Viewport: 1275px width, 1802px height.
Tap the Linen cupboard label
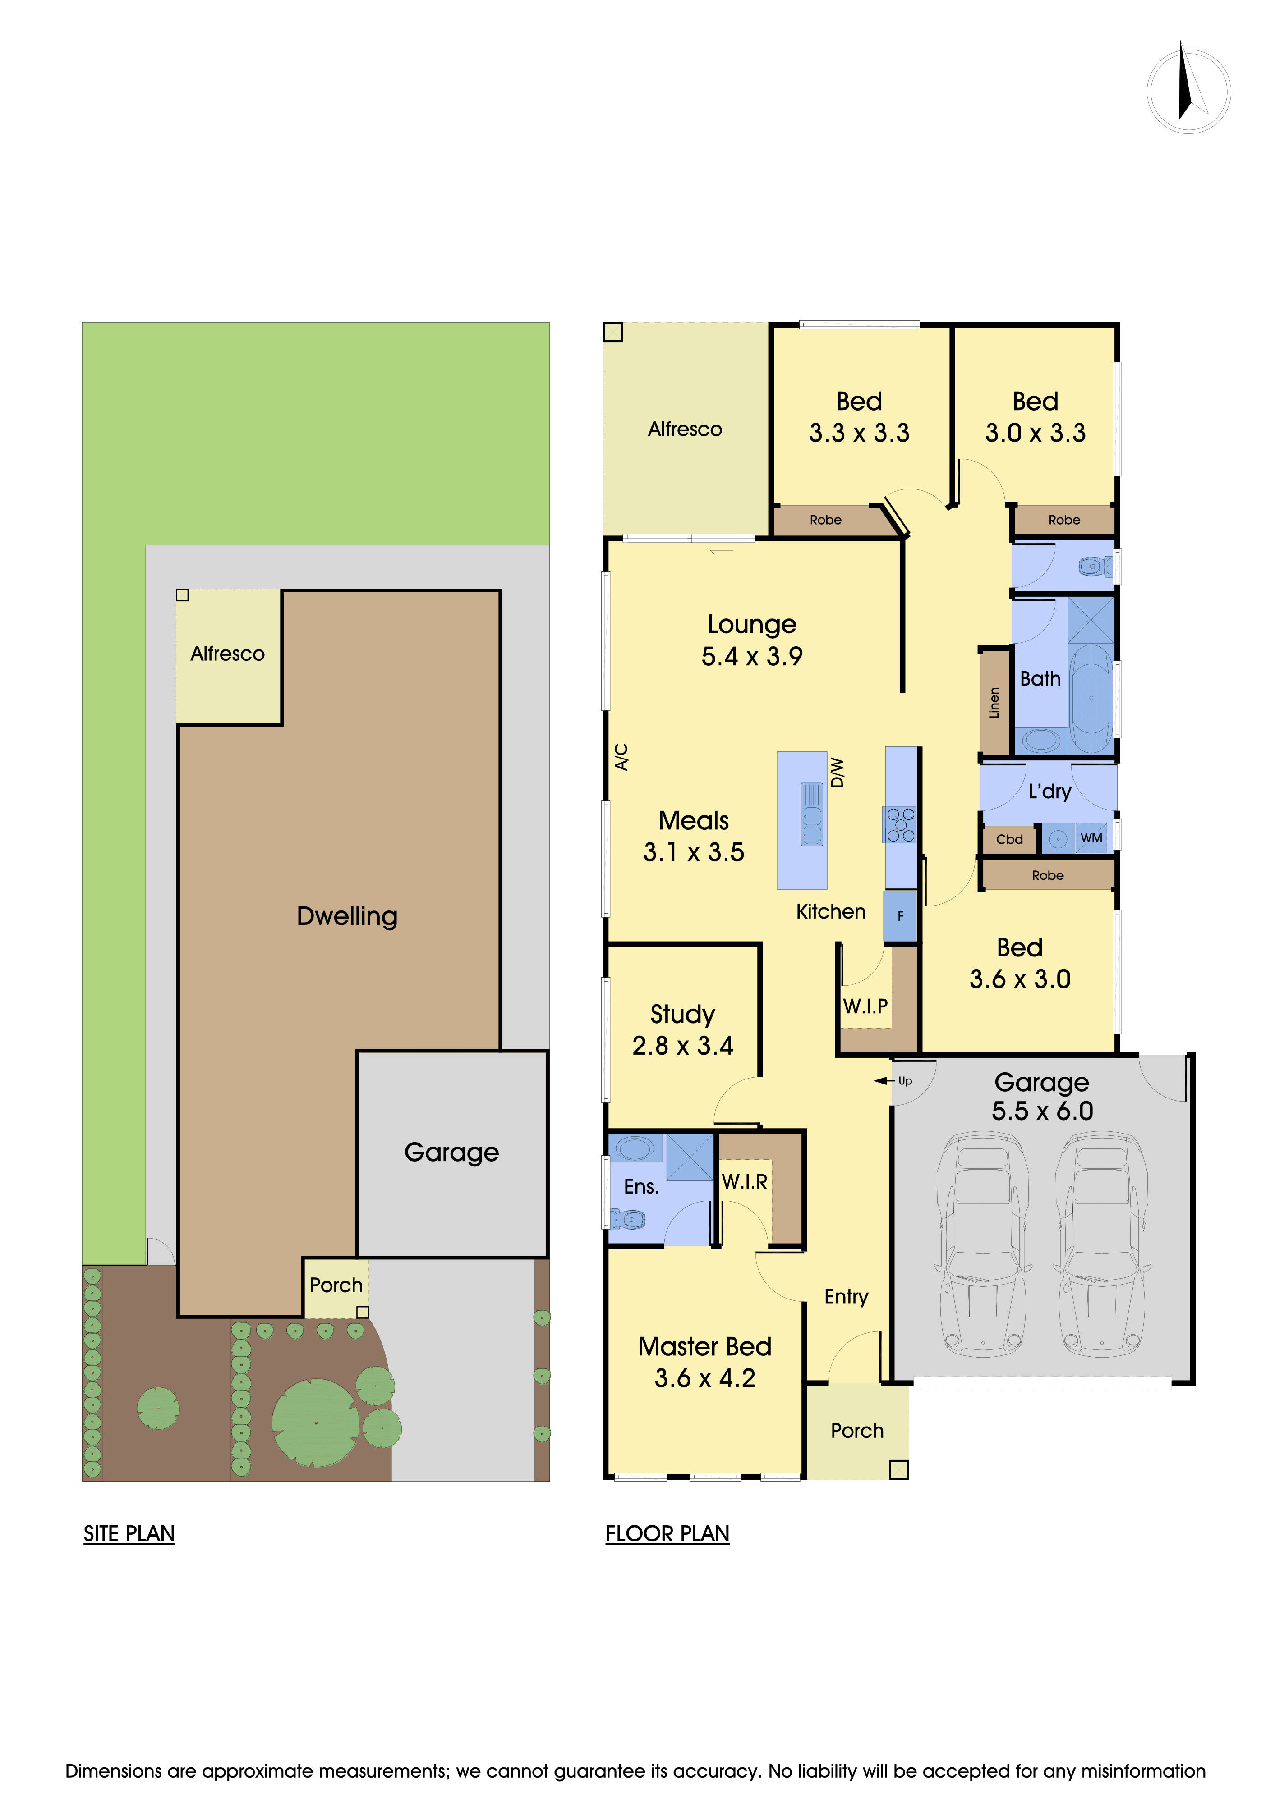click(x=994, y=702)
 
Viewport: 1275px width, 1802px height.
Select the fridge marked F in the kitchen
click(x=900, y=916)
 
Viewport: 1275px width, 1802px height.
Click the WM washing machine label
click(x=1091, y=838)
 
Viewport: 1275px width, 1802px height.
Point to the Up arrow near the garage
click(x=894, y=1081)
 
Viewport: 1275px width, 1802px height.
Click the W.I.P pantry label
click(x=865, y=1006)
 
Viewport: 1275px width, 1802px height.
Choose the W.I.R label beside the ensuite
click(x=744, y=1181)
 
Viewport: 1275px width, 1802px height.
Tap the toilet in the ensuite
click(x=628, y=1219)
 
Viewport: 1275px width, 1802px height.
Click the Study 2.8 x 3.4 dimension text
click(x=682, y=1045)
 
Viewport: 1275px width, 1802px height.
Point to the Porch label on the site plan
click(x=336, y=1285)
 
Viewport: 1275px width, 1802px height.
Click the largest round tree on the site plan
click(x=316, y=1422)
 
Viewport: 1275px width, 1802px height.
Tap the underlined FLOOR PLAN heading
click(x=667, y=1533)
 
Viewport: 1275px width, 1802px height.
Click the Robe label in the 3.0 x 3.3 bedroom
click(x=1064, y=520)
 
